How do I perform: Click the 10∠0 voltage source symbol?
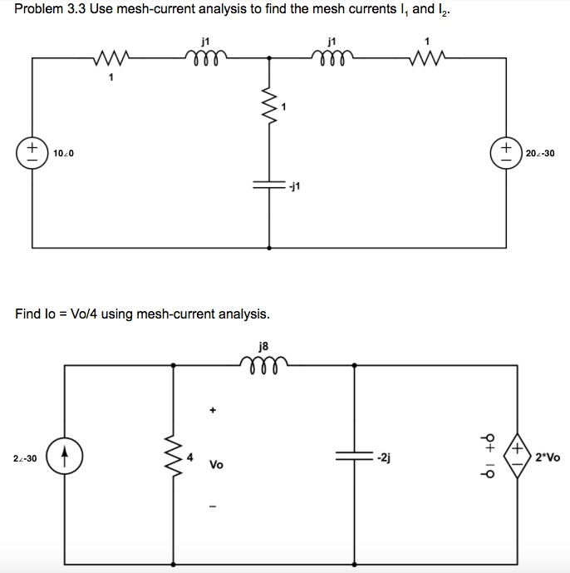pyautogui.click(x=33, y=153)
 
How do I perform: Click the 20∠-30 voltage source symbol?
pyautogui.click(x=506, y=153)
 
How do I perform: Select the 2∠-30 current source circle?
pyautogui.click(x=64, y=458)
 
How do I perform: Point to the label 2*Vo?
pyautogui.click(x=548, y=458)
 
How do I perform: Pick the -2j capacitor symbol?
pyautogui.click(x=354, y=457)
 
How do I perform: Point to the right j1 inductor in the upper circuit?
pyautogui.click(x=333, y=57)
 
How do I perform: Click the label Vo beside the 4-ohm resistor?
pyautogui.click(x=216, y=465)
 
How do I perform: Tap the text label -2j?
pyautogui.click(x=383, y=457)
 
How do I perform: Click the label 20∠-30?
pyautogui.click(x=540, y=154)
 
